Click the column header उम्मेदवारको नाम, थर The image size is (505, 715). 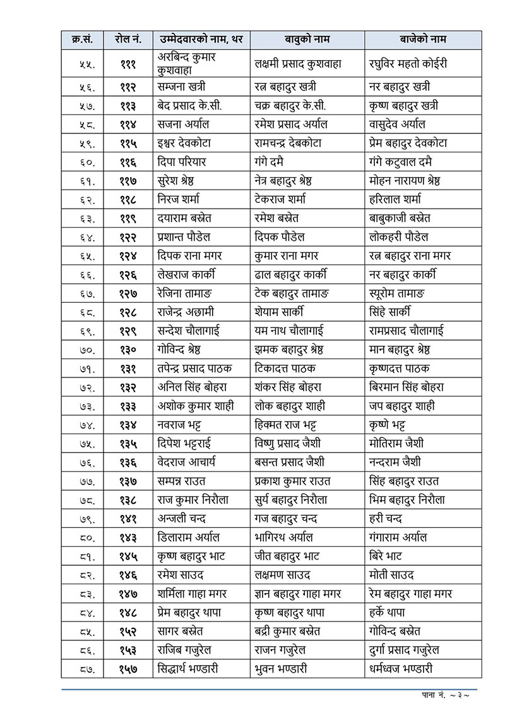click(x=201, y=40)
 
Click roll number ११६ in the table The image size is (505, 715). click(x=128, y=162)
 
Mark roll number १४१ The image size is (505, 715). click(x=128, y=518)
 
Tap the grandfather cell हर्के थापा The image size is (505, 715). click(x=388, y=612)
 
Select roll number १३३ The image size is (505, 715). click(x=128, y=406)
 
